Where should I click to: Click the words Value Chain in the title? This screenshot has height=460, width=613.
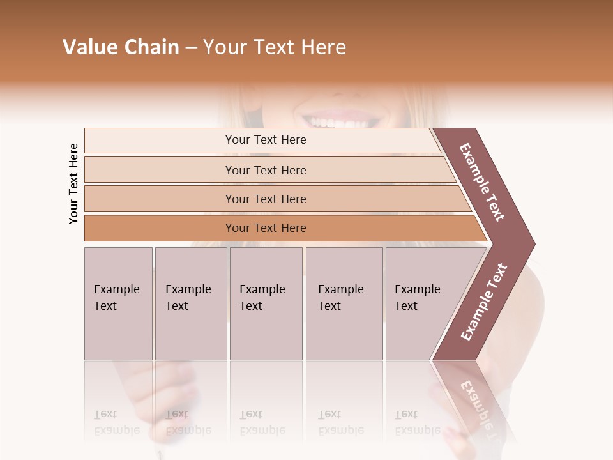pyautogui.click(x=121, y=47)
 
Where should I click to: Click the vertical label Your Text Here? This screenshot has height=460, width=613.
pyautogui.click(x=73, y=183)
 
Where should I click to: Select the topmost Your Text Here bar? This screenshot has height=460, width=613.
pyautogui.click(x=265, y=140)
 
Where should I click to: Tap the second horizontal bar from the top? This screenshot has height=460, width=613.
pyautogui.click(x=265, y=170)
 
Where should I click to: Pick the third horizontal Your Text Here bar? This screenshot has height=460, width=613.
pyautogui.click(x=265, y=199)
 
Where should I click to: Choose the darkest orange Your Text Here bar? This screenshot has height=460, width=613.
pyautogui.click(x=265, y=228)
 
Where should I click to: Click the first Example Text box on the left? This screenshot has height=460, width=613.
pyautogui.click(x=118, y=303)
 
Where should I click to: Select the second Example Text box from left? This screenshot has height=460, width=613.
pyautogui.click(x=191, y=303)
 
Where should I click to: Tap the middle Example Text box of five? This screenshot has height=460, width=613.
pyautogui.click(x=266, y=303)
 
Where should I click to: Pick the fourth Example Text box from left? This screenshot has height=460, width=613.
pyautogui.click(x=344, y=303)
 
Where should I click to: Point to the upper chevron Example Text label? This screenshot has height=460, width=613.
pyautogui.click(x=482, y=182)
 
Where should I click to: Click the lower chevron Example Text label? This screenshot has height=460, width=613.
pyautogui.click(x=484, y=302)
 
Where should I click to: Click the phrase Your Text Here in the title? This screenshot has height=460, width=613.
pyautogui.click(x=275, y=47)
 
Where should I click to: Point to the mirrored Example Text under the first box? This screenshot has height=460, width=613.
pyautogui.click(x=116, y=422)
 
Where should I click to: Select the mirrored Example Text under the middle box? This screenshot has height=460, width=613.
pyautogui.click(x=262, y=422)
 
